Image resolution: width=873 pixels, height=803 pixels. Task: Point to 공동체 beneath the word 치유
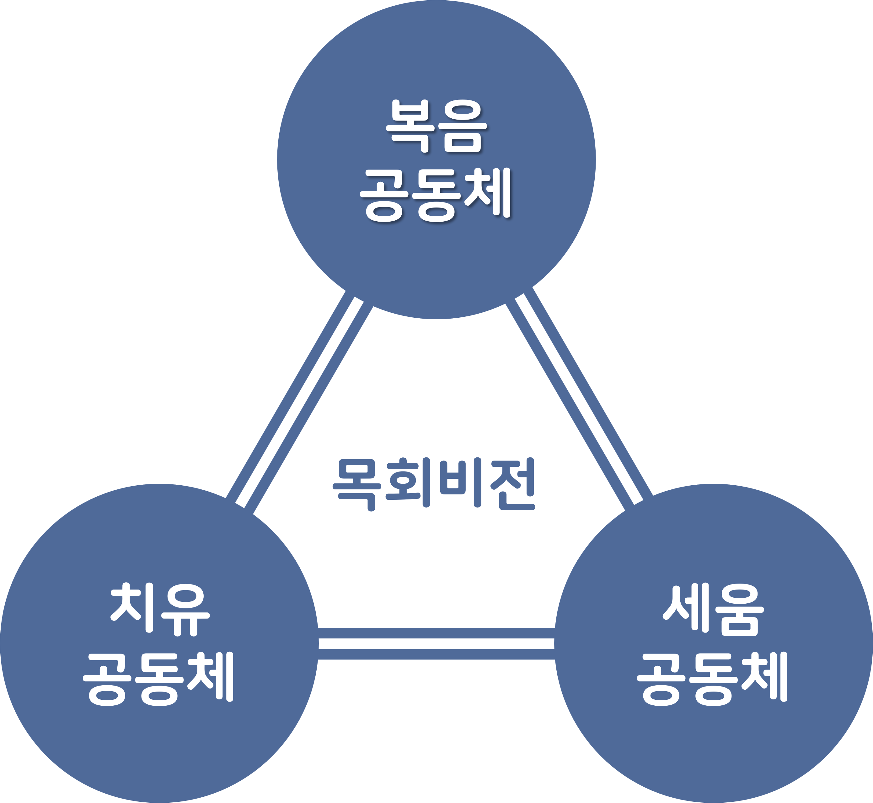pos(159,678)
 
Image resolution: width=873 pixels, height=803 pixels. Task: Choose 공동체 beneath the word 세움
pos(712,678)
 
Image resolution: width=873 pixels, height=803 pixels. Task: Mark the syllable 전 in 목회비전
pos(512,484)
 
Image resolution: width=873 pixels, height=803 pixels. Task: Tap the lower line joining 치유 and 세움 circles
pos(436,654)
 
